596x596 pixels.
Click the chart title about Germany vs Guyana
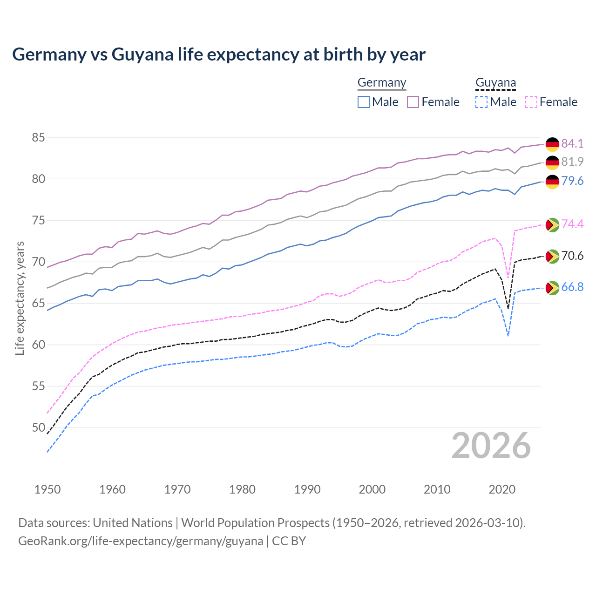[218, 54]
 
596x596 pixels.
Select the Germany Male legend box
[364, 102]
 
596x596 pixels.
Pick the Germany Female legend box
[413, 102]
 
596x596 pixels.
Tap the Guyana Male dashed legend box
[481, 102]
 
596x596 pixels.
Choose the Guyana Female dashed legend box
[531, 102]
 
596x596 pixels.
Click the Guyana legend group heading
[495, 83]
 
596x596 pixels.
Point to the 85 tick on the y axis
[38, 137]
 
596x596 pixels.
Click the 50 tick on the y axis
[38, 427]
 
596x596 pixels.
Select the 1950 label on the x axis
[47, 489]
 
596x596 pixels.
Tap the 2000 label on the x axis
[372, 489]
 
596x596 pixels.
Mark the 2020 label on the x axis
[502, 489]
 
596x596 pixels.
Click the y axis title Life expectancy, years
[20, 298]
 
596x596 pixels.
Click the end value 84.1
[572, 143]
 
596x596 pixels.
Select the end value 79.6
[572, 181]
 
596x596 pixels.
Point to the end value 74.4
[572, 224]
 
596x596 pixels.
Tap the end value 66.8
[572, 287]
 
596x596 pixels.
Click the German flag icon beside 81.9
[552, 163]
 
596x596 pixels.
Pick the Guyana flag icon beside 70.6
[552, 257]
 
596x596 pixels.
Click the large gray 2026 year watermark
[491, 446]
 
